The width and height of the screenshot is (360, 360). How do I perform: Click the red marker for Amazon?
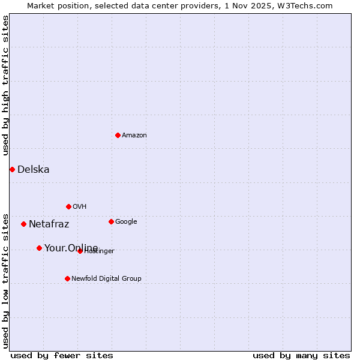click(118, 135)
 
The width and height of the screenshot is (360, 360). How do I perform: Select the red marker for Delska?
click(12, 169)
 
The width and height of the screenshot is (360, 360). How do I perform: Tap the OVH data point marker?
click(68, 206)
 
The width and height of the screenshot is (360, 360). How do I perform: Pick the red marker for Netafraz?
click(23, 224)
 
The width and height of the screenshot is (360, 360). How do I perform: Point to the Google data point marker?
click(111, 221)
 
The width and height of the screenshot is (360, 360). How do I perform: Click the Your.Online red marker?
click(39, 248)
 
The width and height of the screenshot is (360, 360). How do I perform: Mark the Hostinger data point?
click(80, 251)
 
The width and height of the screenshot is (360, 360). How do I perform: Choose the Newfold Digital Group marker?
click(67, 278)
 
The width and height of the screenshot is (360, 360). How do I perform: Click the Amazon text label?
click(134, 136)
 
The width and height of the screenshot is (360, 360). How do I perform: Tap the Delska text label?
click(34, 170)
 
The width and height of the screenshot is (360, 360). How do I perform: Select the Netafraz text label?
click(49, 224)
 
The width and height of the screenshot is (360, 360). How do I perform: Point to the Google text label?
click(126, 222)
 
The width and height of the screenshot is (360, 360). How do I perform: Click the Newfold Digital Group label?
click(106, 279)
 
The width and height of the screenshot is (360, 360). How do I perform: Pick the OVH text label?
click(80, 207)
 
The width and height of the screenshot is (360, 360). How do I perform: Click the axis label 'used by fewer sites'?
click(62, 355)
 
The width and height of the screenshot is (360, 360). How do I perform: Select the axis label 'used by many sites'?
click(301, 355)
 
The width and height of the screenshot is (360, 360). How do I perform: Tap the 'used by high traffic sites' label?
click(6, 85)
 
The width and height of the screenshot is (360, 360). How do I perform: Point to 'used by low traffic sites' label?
click(6, 280)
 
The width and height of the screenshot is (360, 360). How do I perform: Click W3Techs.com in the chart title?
click(308, 6)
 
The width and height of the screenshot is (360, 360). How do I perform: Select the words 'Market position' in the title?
click(55, 6)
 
